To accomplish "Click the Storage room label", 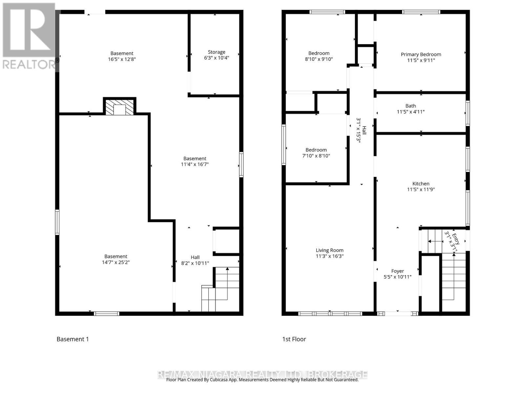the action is pyautogui.click(x=217, y=52).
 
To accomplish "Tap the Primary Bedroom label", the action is pyautogui.click(x=421, y=54).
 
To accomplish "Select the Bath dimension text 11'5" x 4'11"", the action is pyautogui.click(x=411, y=112).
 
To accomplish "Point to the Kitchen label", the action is pyautogui.click(x=421, y=183).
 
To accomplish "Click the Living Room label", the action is pyautogui.click(x=329, y=250).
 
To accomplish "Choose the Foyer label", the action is pyautogui.click(x=397, y=271).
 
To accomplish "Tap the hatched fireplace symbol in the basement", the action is pyautogui.click(x=119, y=107).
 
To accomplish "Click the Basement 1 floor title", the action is pyautogui.click(x=73, y=339).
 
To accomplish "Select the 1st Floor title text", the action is pyautogui.click(x=294, y=339).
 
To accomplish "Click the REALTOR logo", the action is pyautogui.click(x=30, y=36).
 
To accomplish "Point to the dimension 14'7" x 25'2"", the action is pyautogui.click(x=116, y=262).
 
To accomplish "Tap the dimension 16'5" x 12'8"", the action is pyautogui.click(x=122, y=59).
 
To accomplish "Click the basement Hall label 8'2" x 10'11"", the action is pyautogui.click(x=195, y=260).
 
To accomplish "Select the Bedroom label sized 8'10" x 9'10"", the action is pyautogui.click(x=319, y=56).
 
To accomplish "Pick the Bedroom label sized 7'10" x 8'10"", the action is pyautogui.click(x=316, y=153).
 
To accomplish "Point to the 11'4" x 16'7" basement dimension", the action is pyautogui.click(x=195, y=164).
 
